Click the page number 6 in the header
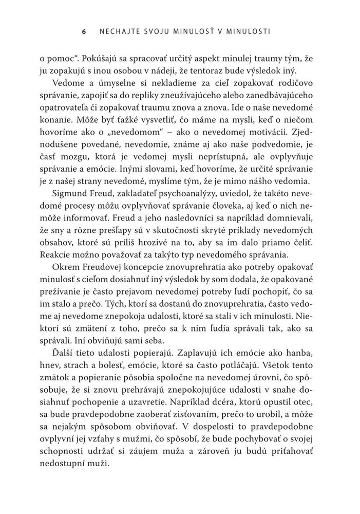[84, 31]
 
